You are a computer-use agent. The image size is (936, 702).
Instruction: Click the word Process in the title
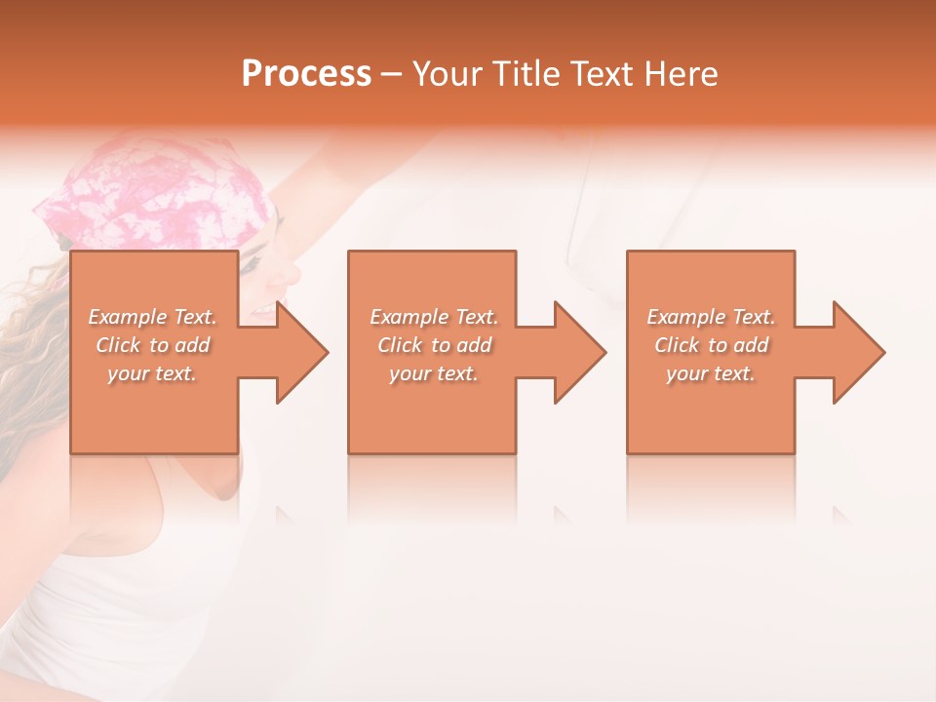306,74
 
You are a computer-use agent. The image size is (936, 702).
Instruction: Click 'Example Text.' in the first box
152,317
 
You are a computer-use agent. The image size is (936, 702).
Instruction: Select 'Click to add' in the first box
152,345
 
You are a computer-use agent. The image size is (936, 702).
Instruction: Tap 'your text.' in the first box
152,373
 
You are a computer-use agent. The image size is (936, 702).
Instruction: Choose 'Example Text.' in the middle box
433,317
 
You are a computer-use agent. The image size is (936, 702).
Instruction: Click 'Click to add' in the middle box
433,345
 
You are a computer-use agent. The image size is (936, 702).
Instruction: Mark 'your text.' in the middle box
433,373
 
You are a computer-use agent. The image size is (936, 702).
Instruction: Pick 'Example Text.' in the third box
711,317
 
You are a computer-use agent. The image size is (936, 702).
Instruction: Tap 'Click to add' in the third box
711,345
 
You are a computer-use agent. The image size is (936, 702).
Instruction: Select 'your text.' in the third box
711,373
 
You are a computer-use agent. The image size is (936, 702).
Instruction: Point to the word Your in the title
447,74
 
